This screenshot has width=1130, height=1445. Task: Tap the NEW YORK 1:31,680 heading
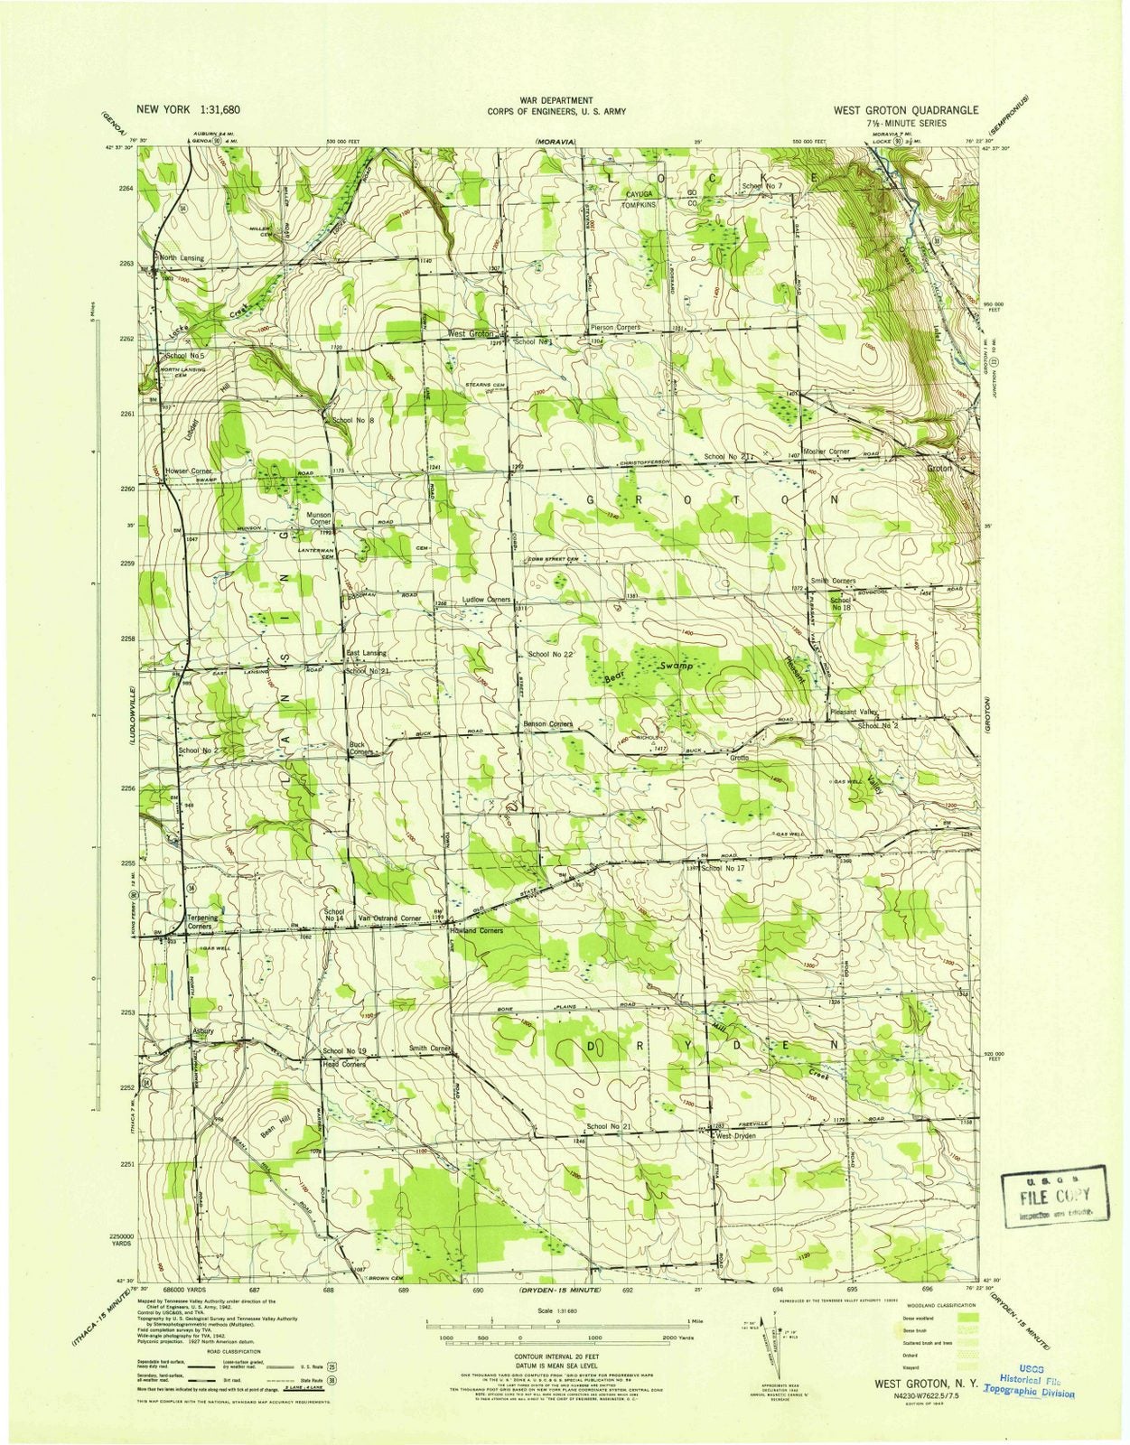(x=188, y=109)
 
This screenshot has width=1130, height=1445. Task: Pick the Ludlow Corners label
(x=486, y=600)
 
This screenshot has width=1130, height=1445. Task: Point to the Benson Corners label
(x=548, y=724)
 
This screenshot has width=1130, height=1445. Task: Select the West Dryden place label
(x=735, y=1136)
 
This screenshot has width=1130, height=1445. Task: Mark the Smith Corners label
(x=832, y=581)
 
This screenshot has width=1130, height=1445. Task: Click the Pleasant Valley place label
(x=854, y=713)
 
